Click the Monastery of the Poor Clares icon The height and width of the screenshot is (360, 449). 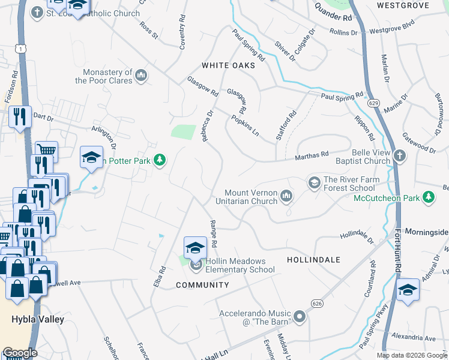click(x=142, y=75)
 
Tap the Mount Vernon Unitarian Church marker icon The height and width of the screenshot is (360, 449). click(x=287, y=196)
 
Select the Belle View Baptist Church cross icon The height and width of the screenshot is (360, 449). click(x=400, y=157)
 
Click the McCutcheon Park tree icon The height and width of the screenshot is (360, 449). click(x=428, y=197)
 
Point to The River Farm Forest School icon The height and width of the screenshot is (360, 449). click(x=314, y=182)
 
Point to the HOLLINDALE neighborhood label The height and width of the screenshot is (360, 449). click(x=313, y=260)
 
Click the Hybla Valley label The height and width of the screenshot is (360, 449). click(x=37, y=319)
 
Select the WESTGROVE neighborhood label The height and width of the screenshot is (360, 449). click(x=403, y=5)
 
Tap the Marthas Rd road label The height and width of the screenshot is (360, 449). click(x=312, y=156)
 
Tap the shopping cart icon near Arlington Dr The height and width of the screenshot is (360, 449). click(x=46, y=150)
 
